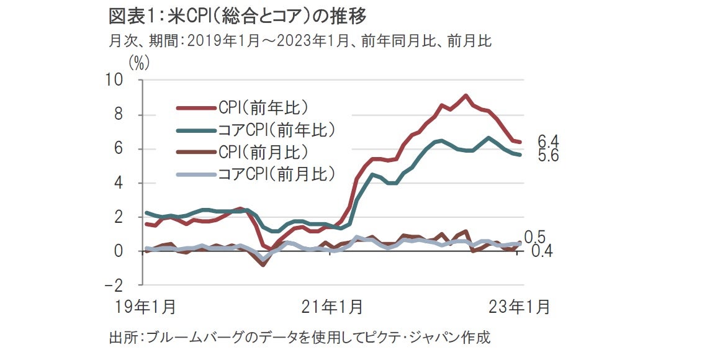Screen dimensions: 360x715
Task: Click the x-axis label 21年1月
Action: point(333,307)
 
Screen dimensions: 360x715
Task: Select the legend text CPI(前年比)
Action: point(263,107)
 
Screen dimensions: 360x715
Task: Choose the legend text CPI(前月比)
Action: point(263,151)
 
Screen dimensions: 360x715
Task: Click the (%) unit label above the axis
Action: point(138,63)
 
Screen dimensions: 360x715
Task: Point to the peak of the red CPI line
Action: point(465,96)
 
